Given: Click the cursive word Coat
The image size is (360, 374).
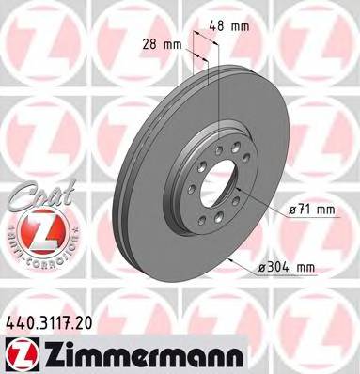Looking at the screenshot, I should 36,195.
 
